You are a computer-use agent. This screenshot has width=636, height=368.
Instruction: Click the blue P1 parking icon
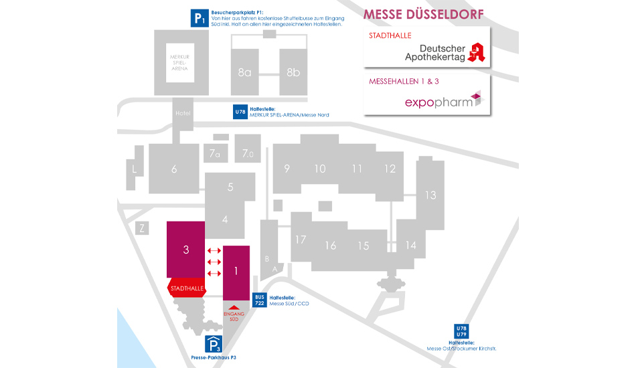[200, 18]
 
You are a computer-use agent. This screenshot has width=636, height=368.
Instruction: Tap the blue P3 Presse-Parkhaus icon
[214, 345]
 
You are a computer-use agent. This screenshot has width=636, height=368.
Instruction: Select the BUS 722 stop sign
[260, 300]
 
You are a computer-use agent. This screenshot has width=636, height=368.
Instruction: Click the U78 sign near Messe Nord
[240, 112]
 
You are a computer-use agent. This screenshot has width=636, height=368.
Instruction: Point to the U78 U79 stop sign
[461, 331]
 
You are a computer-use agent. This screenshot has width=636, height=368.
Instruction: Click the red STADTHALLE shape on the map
[187, 288]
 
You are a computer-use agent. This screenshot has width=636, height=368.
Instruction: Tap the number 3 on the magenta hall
[185, 250]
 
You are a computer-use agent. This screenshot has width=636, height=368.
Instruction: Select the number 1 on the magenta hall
[236, 271]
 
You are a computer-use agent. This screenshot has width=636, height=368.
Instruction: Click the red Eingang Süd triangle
[234, 308]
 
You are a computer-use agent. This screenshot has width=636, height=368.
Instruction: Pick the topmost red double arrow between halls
[214, 251]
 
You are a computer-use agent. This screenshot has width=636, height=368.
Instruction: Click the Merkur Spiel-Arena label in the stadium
[179, 63]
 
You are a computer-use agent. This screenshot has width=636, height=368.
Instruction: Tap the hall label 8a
[244, 72]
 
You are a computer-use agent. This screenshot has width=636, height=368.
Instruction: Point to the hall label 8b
[293, 72]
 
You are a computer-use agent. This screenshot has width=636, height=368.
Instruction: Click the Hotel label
[183, 113]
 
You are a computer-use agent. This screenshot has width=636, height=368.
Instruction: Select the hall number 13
[430, 195]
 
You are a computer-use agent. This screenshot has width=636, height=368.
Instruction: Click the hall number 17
[301, 240]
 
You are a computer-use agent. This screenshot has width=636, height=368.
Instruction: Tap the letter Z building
[142, 228]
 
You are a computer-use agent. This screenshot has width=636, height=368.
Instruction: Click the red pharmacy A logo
[477, 52]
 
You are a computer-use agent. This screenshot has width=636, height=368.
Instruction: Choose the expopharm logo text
[439, 102]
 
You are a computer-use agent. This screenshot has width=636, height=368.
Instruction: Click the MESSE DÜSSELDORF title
[424, 15]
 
